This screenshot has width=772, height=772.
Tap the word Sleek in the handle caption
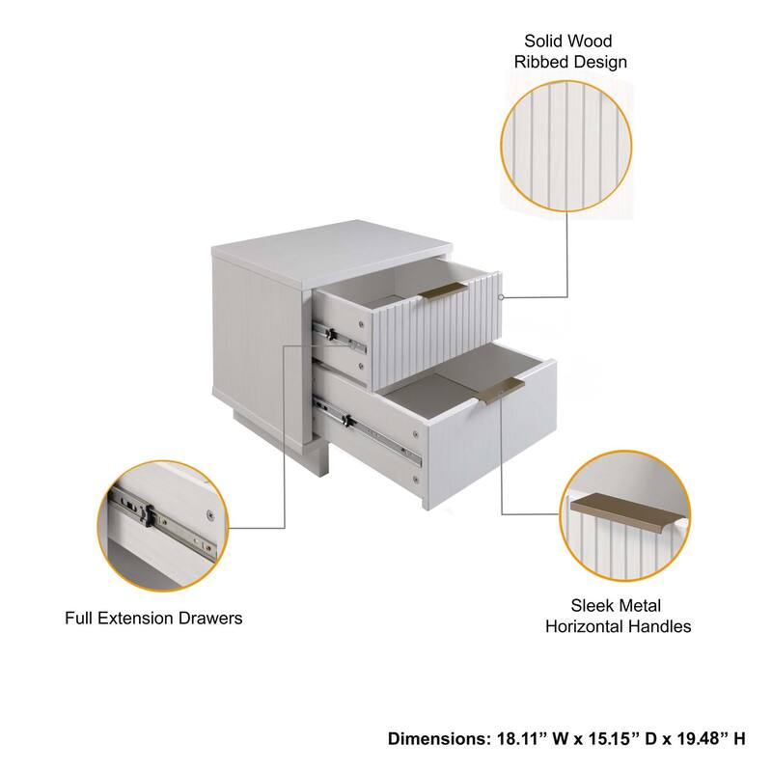pos(591,606)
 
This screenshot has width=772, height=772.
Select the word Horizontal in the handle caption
pos(592,626)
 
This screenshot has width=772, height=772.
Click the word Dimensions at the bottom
pos(431,739)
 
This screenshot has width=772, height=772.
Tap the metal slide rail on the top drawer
pos(341,336)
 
